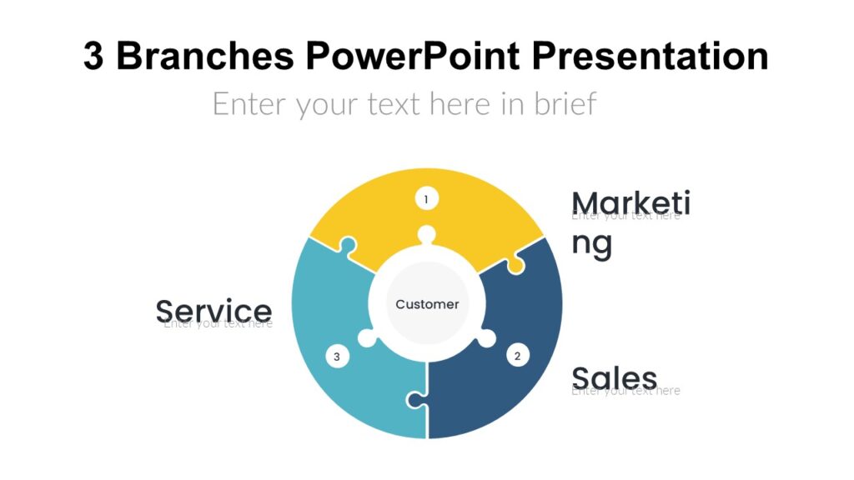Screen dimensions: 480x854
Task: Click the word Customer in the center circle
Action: [427, 304]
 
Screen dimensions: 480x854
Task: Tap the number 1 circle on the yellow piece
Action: [426, 199]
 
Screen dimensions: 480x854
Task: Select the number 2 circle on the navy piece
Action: [517, 356]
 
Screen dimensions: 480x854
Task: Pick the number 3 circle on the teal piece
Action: [337, 356]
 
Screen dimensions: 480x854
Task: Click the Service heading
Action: [213, 311]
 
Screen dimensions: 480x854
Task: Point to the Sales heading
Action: [615, 377]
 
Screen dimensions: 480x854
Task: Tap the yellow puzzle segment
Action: [467, 217]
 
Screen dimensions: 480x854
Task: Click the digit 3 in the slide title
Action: [93, 57]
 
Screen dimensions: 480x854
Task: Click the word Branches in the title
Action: [203, 57]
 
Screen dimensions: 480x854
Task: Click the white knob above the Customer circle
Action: [427, 235]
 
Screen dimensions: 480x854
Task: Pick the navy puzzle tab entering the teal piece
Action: [414, 401]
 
